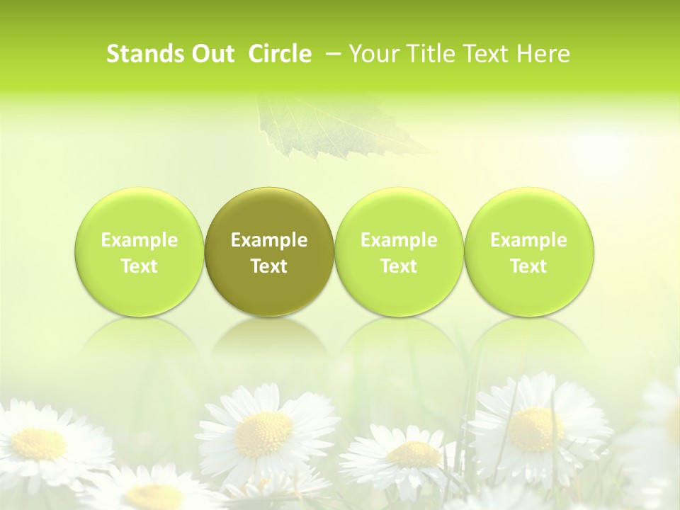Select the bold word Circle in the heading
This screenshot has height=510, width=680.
pyautogui.click(x=280, y=54)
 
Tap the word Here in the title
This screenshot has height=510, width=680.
pyautogui.click(x=544, y=54)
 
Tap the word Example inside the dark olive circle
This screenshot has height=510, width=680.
pyautogui.click(x=269, y=240)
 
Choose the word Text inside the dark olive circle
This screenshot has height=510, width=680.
pyautogui.click(x=269, y=266)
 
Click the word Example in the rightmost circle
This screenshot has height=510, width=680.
pyautogui.click(x=528, y=240)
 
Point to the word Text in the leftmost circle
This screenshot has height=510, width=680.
pyautogui.click(x=140, y=266)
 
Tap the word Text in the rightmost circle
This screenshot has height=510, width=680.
pyautogui.click(x=528, y=266)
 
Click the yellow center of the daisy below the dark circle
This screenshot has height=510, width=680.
pyautogui.click(x=263, y=433)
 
